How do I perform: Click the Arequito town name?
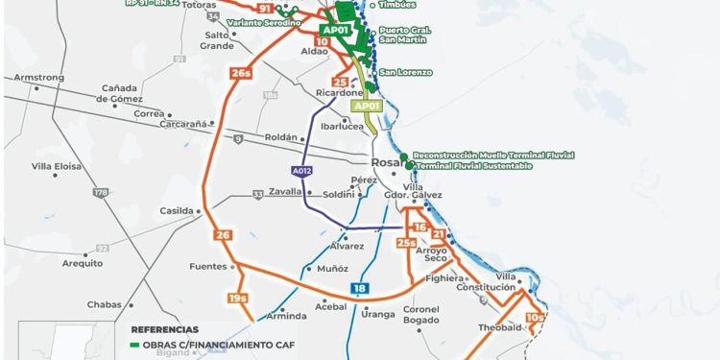pos(82,262)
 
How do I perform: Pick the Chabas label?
pos(104,304)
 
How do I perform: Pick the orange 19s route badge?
pos(240,300)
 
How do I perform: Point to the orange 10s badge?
pos(536,318)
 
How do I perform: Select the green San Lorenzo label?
pos(406,73)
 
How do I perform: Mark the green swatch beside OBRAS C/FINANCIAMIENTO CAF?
pos(136,343)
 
